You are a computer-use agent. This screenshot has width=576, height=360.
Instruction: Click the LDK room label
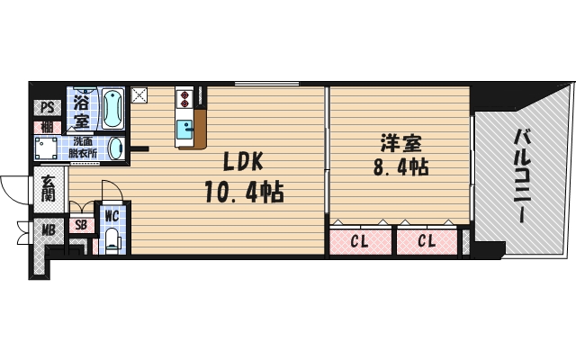[x=243, y=162]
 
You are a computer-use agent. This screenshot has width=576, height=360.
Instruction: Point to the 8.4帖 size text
[x=400, y=167]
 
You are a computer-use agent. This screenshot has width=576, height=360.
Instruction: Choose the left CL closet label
[x=359, y=241]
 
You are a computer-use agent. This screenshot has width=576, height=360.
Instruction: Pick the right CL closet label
[x=427, y=241]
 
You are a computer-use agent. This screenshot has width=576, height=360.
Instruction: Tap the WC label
[x=112, y=216]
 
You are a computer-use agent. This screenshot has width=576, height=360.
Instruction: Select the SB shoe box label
[x=81, y=226]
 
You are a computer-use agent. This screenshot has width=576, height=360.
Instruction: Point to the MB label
[x=48, y=230]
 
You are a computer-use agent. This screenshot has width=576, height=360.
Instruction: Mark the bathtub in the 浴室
[x=113, y=109]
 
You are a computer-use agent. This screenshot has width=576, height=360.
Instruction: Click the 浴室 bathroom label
[x=81, y=109]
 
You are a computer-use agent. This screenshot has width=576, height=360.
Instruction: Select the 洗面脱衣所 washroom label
[x=86, y=147]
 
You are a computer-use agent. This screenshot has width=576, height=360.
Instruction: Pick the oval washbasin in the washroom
[x=116, y=148]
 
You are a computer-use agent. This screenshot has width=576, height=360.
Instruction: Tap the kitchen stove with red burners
[x=184, y=97]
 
